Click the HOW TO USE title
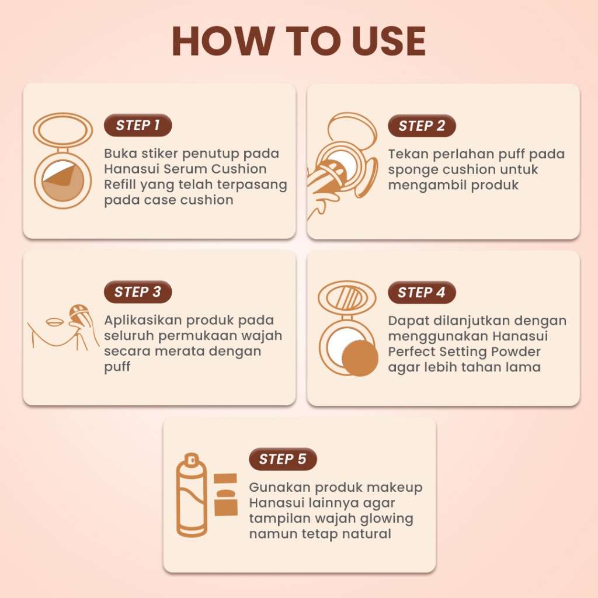[x=298, y=41]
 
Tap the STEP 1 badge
[x=138, y=125]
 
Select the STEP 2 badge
[x=422, y=126]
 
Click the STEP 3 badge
[x=138, y=292]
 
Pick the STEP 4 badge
[x=422, y=292]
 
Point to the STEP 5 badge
[x=283, y=459]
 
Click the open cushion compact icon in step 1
[x=62, y=161]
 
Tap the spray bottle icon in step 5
[x=192, y=495]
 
